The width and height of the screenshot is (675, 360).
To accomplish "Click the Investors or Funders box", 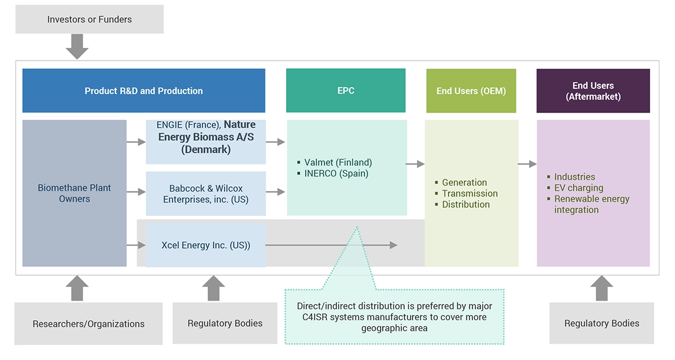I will tap(89, 20).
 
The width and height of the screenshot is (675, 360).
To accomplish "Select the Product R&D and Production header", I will tap(144, 91).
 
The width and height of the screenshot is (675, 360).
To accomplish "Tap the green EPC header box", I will tap(346, 91).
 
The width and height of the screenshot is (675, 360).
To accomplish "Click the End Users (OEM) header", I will tap(471, 91).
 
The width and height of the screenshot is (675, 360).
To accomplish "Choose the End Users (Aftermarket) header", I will tap(593, 91).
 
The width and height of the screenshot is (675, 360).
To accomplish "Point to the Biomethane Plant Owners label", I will tap(74, 193).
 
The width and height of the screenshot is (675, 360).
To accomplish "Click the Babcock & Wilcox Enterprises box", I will tap(205, 194).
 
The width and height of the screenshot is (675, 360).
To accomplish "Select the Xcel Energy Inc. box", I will tap(205, 245).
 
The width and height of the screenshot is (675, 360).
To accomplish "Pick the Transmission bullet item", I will tap(470, 193).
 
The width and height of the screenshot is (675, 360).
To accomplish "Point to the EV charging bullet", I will tap(579, 187).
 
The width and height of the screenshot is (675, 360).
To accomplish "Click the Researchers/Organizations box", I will tap(88, 324).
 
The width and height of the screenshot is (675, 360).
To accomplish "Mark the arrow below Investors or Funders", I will tap(77, 46).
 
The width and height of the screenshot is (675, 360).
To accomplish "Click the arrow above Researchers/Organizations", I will tap(77, 288).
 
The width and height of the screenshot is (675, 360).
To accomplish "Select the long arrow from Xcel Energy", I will tap(331, 245).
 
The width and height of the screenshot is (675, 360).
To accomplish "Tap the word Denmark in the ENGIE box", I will tap(206, 149).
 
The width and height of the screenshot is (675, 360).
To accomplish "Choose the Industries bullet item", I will tap(574, 177).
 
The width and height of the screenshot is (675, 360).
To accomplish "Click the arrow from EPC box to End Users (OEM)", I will tap(415, 164).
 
